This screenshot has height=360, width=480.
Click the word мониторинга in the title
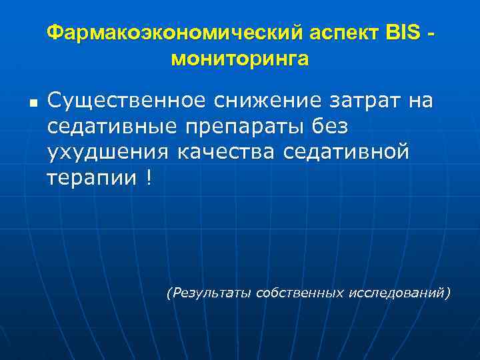click(x=240, y=59)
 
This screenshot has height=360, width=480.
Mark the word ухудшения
click(x=107, y=152)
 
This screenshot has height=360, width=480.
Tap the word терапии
click(x=91, y=177)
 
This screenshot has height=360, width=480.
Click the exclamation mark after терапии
click(x=147, y=177)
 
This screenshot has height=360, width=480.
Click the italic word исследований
click(x=399, y=292)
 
